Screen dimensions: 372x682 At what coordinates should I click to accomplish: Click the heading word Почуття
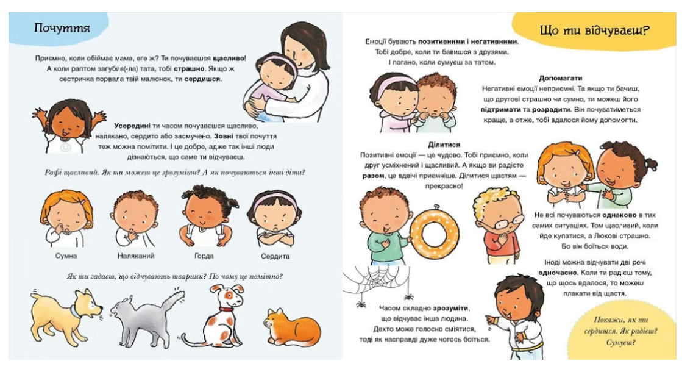click(x=62, y=28)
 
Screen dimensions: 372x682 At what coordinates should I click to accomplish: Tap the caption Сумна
click(x=66, y=256)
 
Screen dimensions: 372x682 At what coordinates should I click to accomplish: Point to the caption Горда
click(x=204, y=256)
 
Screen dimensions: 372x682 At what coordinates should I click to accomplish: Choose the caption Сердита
click(x=274, y=256)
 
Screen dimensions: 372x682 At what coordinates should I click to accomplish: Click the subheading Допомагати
click(x=561, y=78)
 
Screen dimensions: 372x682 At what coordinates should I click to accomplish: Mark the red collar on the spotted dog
click(x=226, y=309)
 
